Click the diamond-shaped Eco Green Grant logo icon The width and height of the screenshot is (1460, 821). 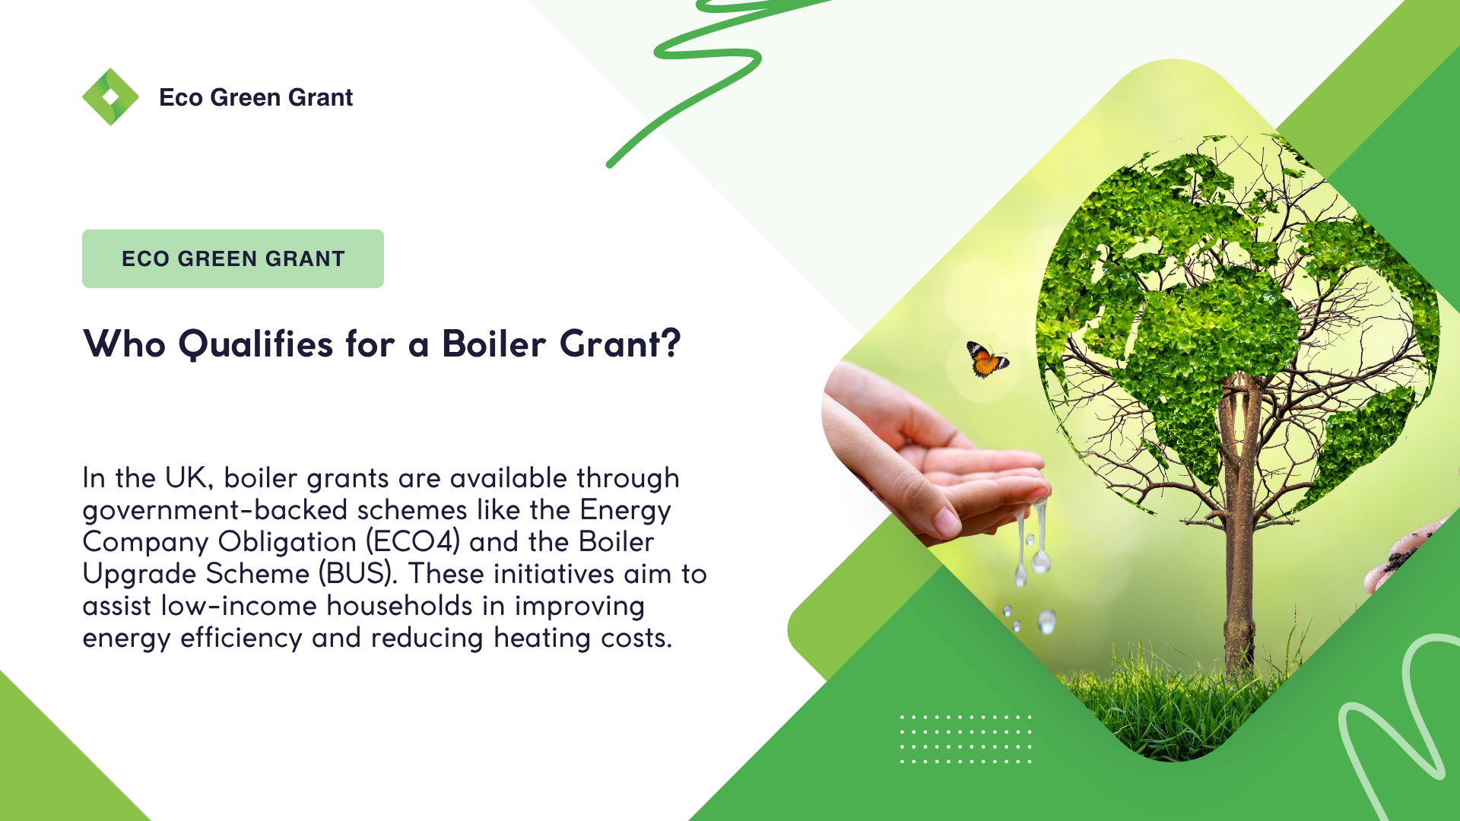click(110, 97)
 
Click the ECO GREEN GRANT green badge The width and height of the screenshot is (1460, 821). click(233, 258)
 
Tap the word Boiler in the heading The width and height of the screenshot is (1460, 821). click(494, 344)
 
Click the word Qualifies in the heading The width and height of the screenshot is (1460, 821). click(255, 344)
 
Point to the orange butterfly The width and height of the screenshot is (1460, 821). click(987, 359)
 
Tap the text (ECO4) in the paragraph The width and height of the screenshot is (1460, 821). click(413, 542)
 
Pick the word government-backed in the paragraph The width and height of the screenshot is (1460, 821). click(215, 511)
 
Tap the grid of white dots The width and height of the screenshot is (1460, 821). click(966, 738)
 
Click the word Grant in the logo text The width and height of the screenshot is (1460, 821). click(321, 97)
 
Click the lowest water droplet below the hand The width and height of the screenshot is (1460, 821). click(1047, 621)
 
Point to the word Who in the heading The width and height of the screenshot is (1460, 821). click(125, 344)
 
